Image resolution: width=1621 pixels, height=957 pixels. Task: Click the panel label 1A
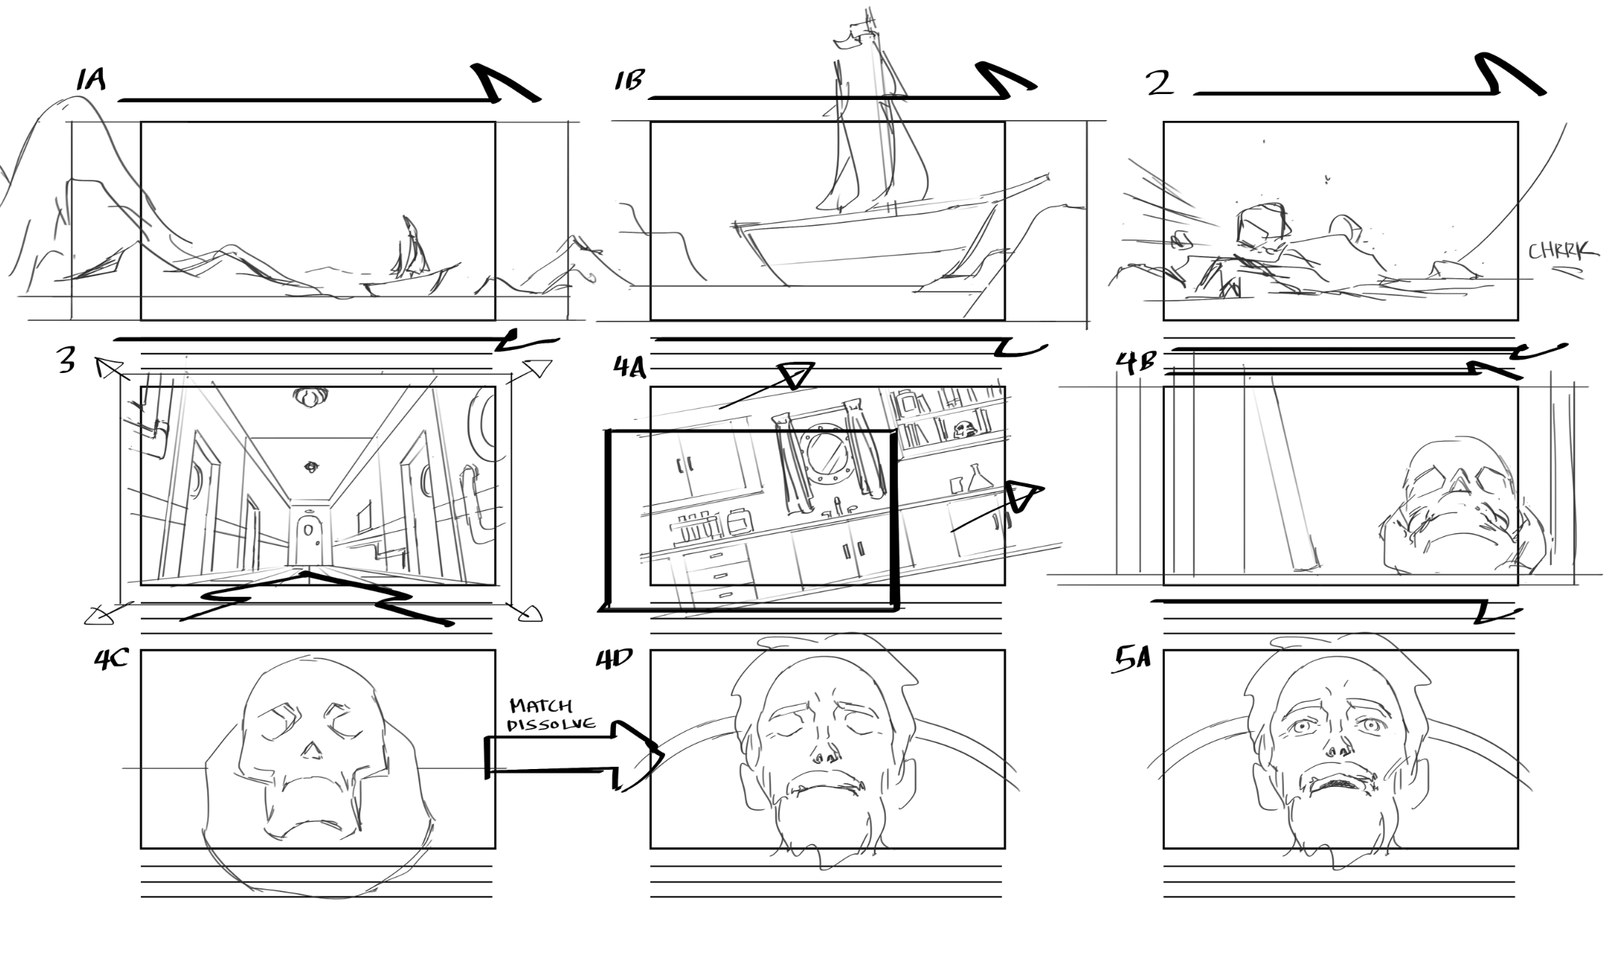(90, 80)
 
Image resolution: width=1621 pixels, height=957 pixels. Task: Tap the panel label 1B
(628, 81)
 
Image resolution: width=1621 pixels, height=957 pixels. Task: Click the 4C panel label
(111, 660)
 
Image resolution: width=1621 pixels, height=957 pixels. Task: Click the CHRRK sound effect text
(1562, 252)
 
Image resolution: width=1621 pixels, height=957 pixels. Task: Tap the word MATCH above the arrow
(541, 706)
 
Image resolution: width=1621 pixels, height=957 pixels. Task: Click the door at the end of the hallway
(307, 536)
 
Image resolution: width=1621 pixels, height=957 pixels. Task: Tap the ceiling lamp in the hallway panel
(309, 397)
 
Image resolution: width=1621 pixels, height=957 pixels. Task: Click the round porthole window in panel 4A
(824, 452)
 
